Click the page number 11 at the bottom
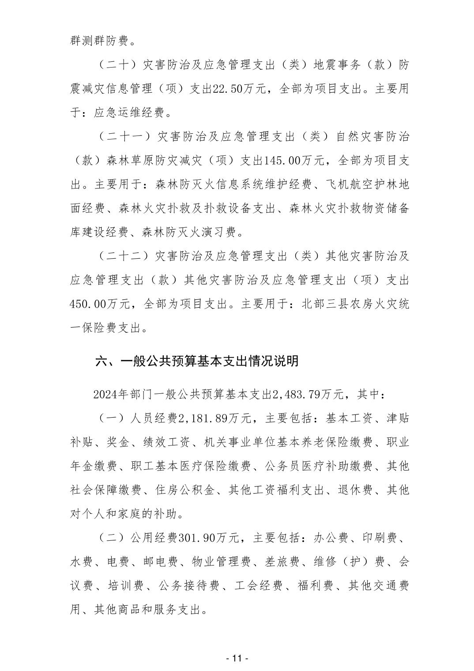click(x=237, y=658)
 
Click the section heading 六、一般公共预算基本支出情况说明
click(x=197, y=361)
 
